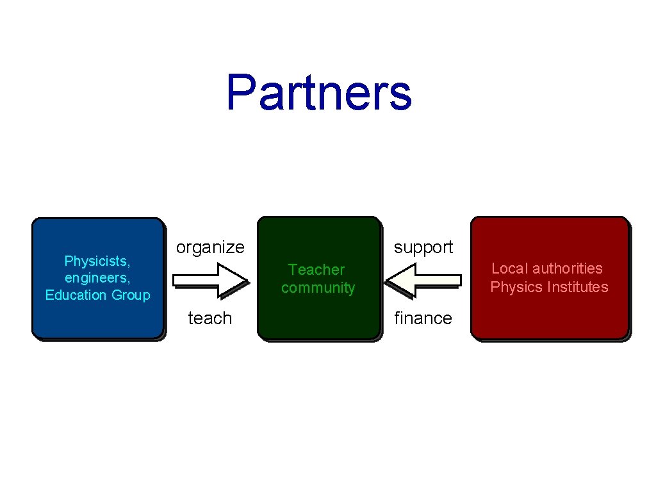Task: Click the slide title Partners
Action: click(318, 92)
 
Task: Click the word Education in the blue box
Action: click(76, 295)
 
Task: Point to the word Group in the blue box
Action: click(131, 295)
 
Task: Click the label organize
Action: click(210, 247)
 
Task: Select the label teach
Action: click(209, 318)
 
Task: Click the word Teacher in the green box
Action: click(316, 270)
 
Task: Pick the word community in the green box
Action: click(318, 288)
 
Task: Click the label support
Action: click(423, 247)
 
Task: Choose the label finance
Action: click(423, 318)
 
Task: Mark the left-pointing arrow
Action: click(423, 280)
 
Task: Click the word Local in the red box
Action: click(510, 268)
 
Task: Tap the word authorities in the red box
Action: click(568, 268)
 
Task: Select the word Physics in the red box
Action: click(512, 287)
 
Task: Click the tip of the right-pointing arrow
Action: click(246, 280)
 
